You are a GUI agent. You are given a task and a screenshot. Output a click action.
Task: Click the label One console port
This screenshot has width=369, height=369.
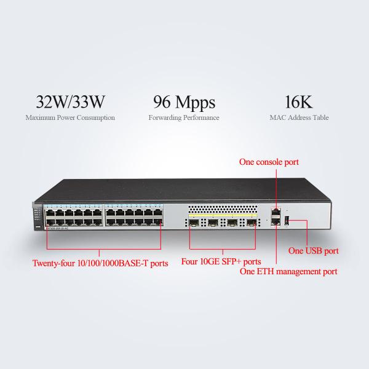pos(269,162)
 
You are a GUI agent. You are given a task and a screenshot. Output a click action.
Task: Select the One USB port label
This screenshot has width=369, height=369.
pos(314,251)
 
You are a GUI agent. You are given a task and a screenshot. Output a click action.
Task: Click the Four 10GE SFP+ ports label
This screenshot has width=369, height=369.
pos(221,260)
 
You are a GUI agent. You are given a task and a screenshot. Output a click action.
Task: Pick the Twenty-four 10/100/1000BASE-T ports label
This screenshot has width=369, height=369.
pos(100,264)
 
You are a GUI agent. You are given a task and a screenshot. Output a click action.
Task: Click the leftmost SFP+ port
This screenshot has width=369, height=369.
pos(194,222)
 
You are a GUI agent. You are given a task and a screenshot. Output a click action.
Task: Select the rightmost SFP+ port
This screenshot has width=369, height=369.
pos(251,222)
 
